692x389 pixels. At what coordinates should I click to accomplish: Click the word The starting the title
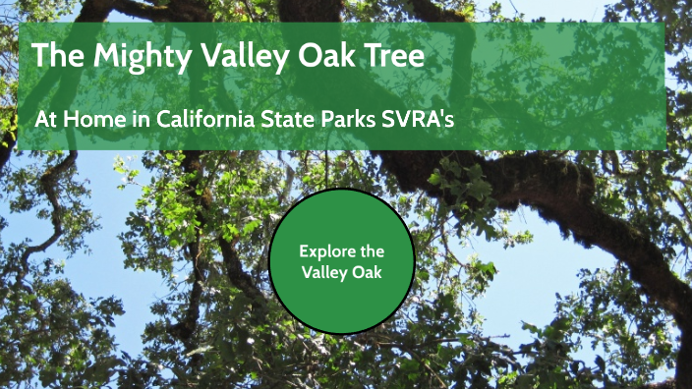(54, 55)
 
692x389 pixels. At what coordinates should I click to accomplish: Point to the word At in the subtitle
(45, 118)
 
